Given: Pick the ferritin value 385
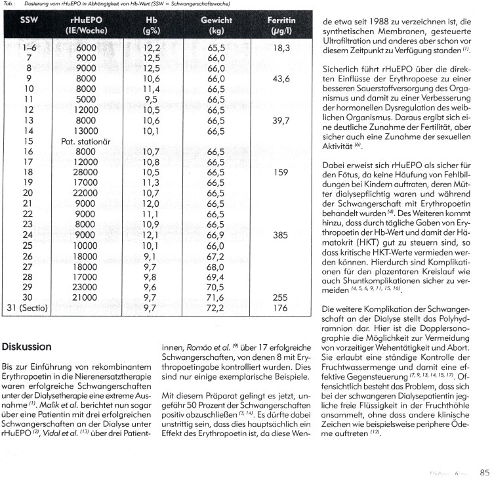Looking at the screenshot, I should pos(280,234).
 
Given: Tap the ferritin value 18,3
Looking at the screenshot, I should pos(280,48).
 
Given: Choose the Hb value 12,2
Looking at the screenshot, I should pos(152,48).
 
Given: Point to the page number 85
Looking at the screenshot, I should pos(485,471).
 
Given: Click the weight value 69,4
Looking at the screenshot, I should pos(216,276).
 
